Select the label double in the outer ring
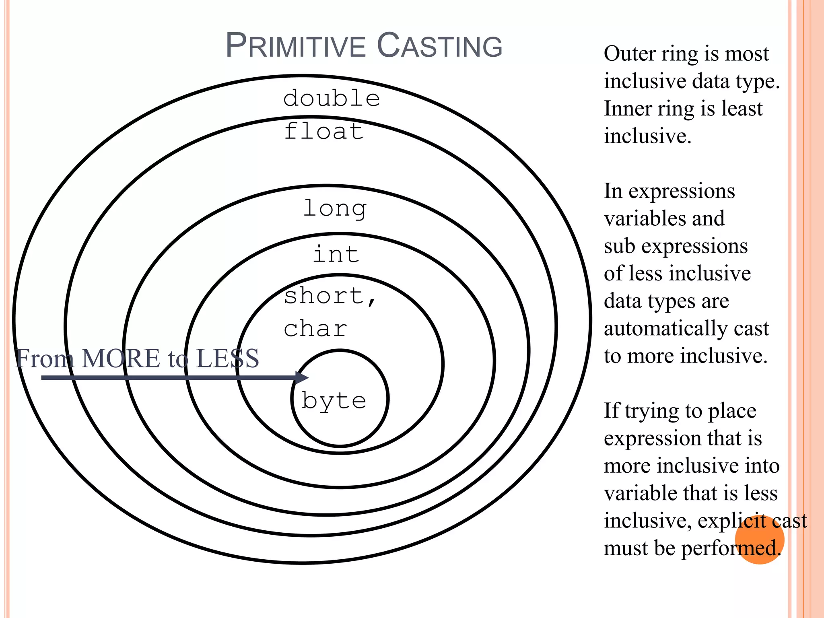pyautogui.click(x=332, y=99)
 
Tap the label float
pyautogui.click(x=324, y=132)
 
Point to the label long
pyautogui.click(x=335, y=209)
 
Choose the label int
pyautogui.click(x=336, y=254)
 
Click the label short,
pyautogui.click(x=330, y=296)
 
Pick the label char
pyautogui.click(x=315, y=329)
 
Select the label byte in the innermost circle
pyautogui.click(x=334, y=401)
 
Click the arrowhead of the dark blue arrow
pyautogui.click(x=303, y=377)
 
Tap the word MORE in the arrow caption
pyautogui.click(x=121, y=358)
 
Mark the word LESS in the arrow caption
pyautogui.click(x=227, y=358)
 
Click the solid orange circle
pyautogui.click(x=760, y=540)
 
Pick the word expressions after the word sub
pyautogui.click(x=694, y=246)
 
